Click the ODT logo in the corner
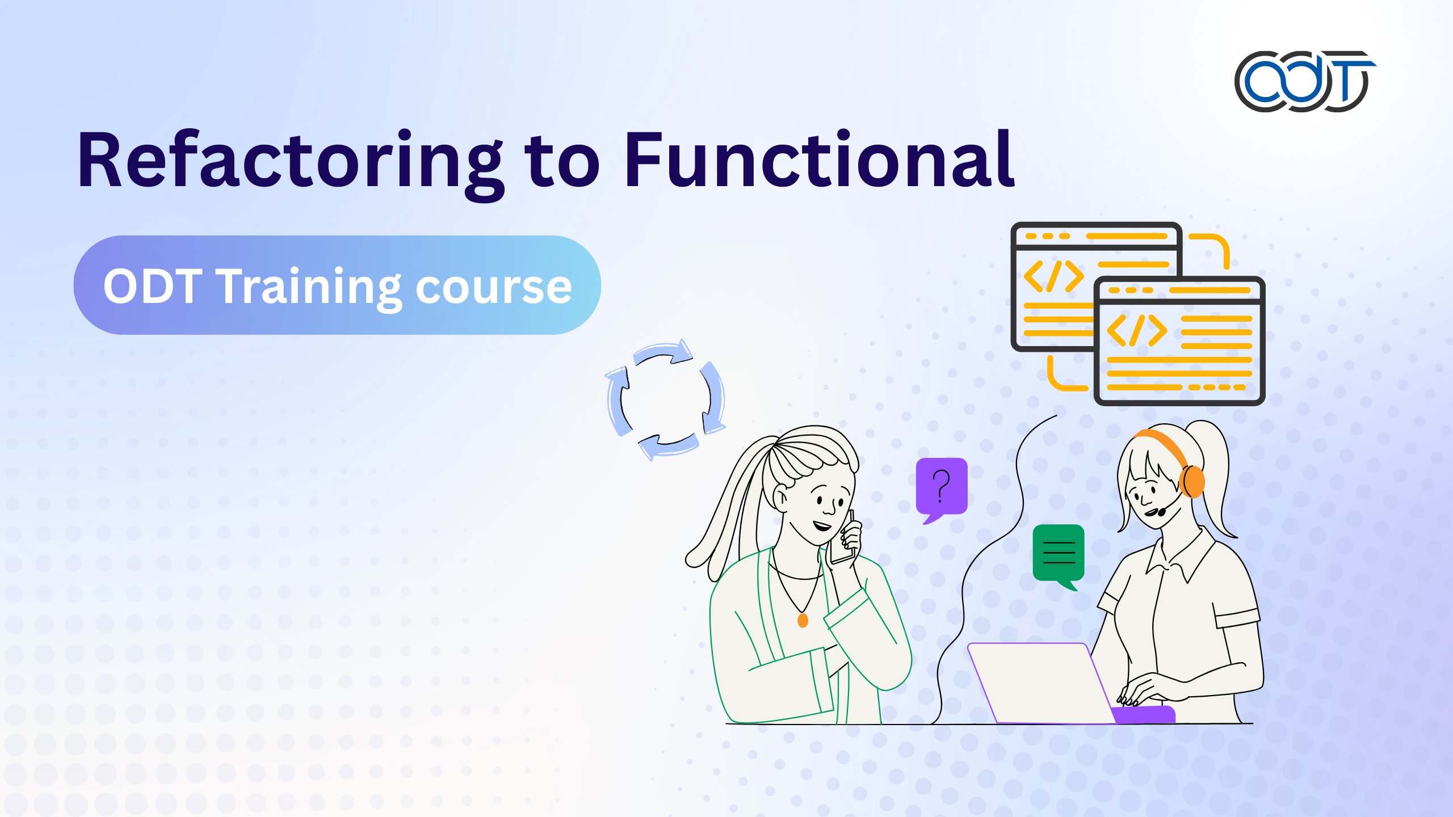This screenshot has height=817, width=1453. pos(1304,82)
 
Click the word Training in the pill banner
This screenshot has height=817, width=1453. pos(311,289)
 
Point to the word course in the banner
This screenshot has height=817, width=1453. pos(494,289)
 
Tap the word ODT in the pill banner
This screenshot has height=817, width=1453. pos(153,286)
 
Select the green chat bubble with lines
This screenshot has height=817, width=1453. pos(1059,557)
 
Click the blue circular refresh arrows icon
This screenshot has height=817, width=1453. pos(665,400)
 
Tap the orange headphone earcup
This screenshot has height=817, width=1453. pos(1192,481)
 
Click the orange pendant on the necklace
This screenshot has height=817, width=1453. pos(803,620)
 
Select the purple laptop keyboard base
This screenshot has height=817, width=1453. pos(1143,715)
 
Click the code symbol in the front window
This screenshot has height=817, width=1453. pos(1137,330)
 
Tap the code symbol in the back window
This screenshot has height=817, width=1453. pos(1053,276)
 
